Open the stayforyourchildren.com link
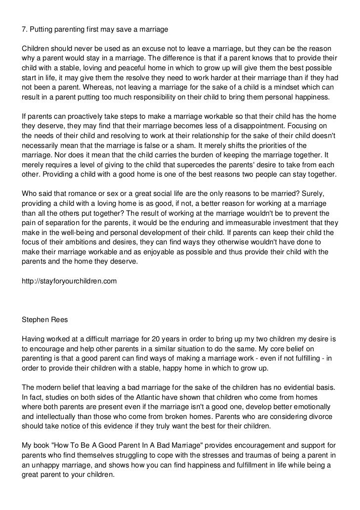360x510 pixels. pos(69,281)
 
